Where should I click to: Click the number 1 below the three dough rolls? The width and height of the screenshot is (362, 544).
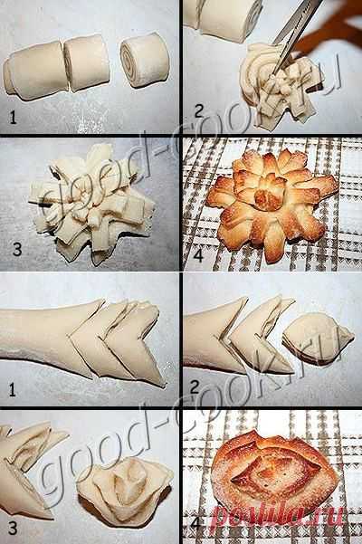(x=13, y=118)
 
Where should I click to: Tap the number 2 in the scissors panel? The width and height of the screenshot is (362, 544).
(x=198, y=111)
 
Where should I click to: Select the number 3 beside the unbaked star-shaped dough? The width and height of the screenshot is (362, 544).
(x=16, y=249)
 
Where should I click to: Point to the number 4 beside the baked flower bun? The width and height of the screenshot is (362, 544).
(x=198, y=255)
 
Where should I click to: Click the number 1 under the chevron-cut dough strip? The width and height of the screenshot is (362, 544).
(x=13, y=390)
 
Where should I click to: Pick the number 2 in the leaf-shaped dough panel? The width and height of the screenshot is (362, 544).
(x=195, y=387)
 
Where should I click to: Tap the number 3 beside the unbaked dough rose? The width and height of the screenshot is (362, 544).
(x=13, y=528)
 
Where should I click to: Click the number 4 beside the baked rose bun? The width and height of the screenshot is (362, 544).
(x=195, y=523)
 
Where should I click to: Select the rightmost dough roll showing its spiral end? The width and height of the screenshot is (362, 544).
(x=145, y=60)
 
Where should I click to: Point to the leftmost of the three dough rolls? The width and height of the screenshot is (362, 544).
(x=34, y=72)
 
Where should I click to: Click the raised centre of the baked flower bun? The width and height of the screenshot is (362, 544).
(x=266, y=197)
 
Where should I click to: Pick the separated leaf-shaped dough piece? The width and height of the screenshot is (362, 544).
(x=318, y=339)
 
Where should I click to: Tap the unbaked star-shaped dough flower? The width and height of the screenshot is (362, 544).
(x=92, y=205)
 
